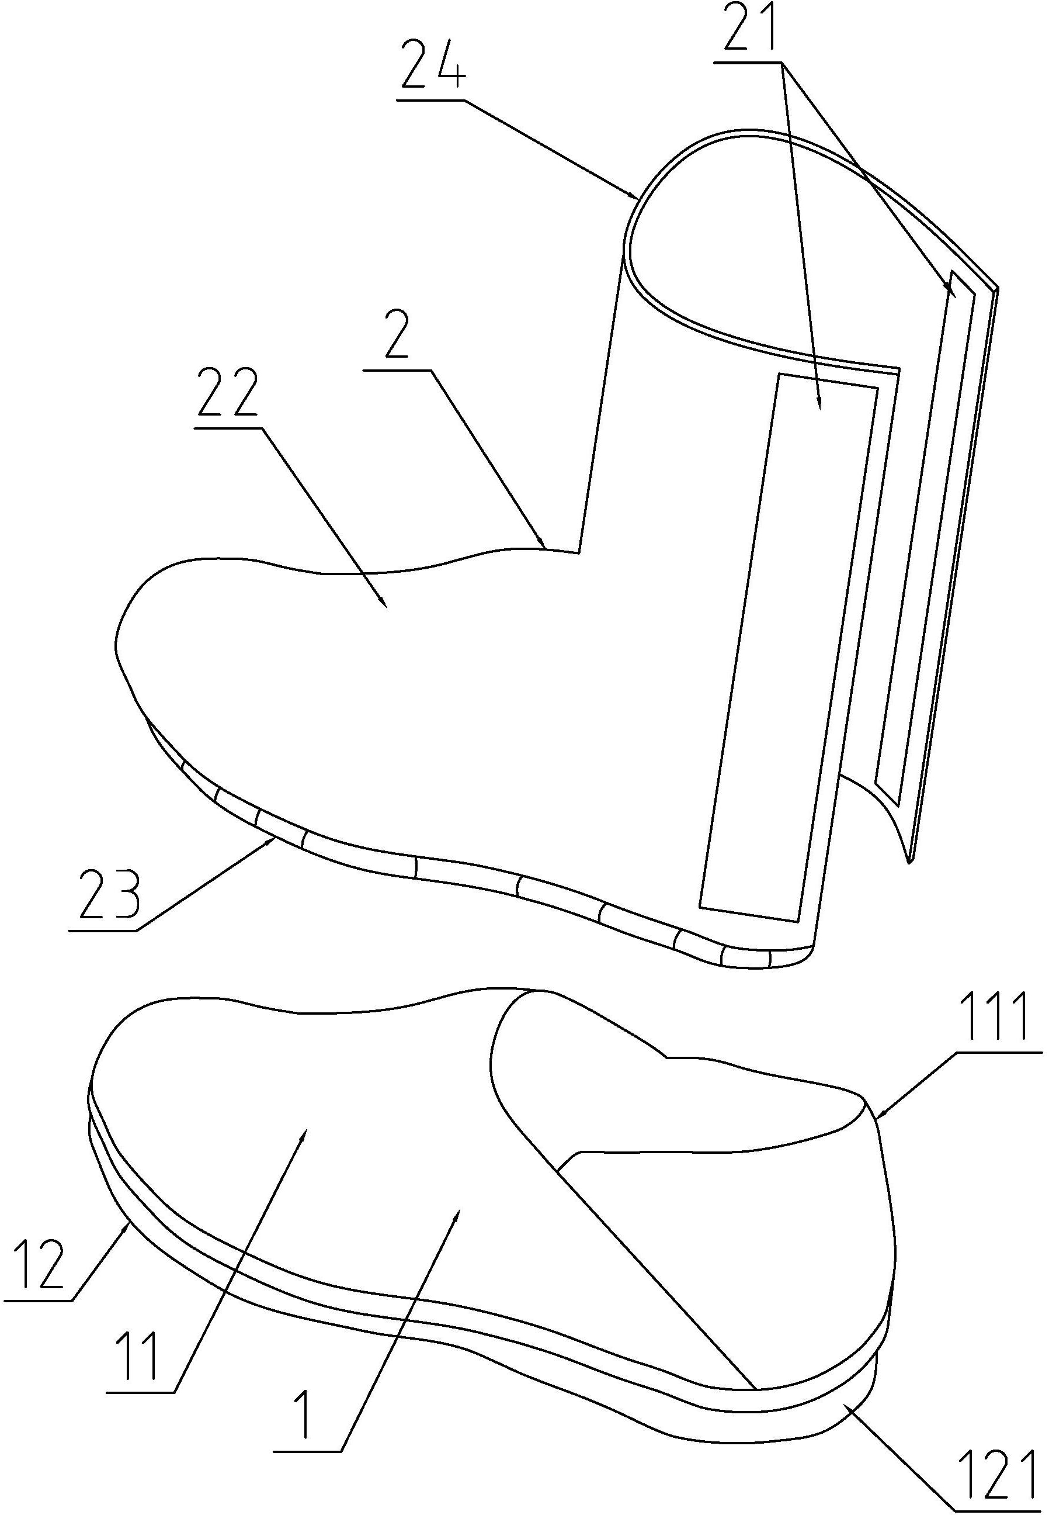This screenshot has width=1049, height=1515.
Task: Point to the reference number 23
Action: (x=109, y=895)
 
